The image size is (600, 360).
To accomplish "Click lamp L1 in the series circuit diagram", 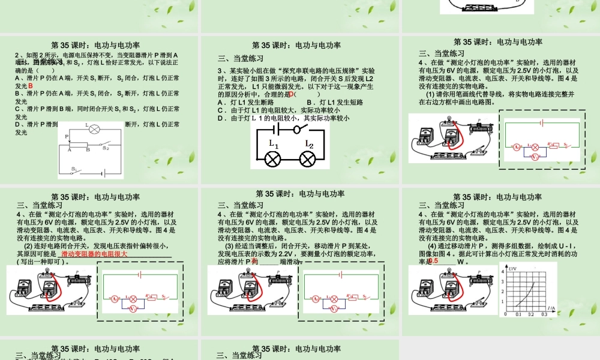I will tap(274, 158).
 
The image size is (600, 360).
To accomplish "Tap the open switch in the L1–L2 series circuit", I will tap(296, 128).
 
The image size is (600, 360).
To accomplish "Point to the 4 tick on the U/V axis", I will tap(503, 274).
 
